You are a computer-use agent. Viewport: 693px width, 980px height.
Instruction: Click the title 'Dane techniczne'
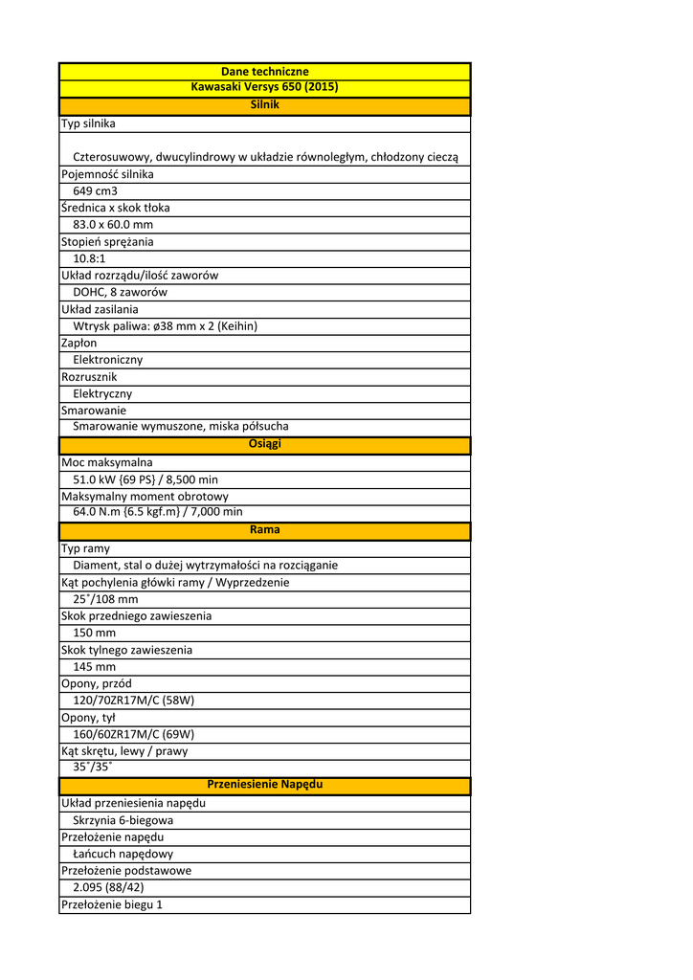click(264, 72)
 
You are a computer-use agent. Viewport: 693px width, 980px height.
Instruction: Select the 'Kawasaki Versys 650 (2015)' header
click(264, 87)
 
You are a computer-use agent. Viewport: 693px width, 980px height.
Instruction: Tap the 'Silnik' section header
click(264, 104)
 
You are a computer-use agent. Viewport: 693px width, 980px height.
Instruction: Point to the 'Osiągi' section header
click(264, 444)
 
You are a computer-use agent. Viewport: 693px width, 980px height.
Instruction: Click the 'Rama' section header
click(264, 529)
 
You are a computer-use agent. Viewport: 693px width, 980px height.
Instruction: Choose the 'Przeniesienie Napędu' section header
click(264, 784)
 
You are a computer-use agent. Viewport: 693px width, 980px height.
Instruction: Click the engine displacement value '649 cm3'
click(95, 191)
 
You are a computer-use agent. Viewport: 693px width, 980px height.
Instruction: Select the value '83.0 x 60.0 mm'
click(113, 225)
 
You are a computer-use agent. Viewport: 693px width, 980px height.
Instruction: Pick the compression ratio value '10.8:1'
click(89, 258)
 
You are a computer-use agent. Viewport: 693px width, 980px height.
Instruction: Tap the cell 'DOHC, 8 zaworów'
click(120, 292)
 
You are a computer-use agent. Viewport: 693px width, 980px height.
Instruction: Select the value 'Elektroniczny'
click(107, 360)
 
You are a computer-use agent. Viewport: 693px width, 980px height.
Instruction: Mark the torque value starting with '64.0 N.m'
click(157, 512)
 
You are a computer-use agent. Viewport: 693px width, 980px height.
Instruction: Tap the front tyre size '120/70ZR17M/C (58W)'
click(133, 701)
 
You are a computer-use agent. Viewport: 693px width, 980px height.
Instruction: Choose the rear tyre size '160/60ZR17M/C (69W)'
click(133, 734)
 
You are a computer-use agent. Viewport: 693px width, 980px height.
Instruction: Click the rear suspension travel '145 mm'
click(94, 667)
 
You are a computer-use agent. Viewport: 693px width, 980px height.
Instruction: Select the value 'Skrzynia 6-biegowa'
click(123, 820)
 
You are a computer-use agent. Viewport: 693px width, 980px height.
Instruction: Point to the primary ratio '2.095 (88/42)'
click(108, 887)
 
